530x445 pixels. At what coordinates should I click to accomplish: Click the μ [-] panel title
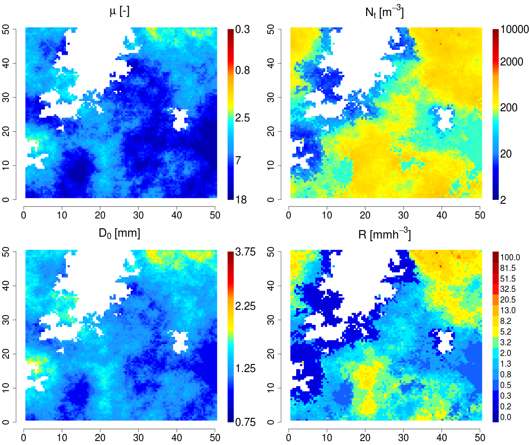click(119, 12)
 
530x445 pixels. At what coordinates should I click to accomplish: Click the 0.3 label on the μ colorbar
click(242, 29)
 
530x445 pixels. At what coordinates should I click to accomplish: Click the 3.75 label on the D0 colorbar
click(245, 252)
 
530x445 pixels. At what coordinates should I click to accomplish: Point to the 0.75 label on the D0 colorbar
click(245, 422)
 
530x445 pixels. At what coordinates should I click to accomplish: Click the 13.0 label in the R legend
click(510, 310)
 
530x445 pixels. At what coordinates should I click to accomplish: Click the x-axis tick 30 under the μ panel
click(138, 216)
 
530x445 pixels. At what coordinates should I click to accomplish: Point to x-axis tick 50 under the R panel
click(480, 438)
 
